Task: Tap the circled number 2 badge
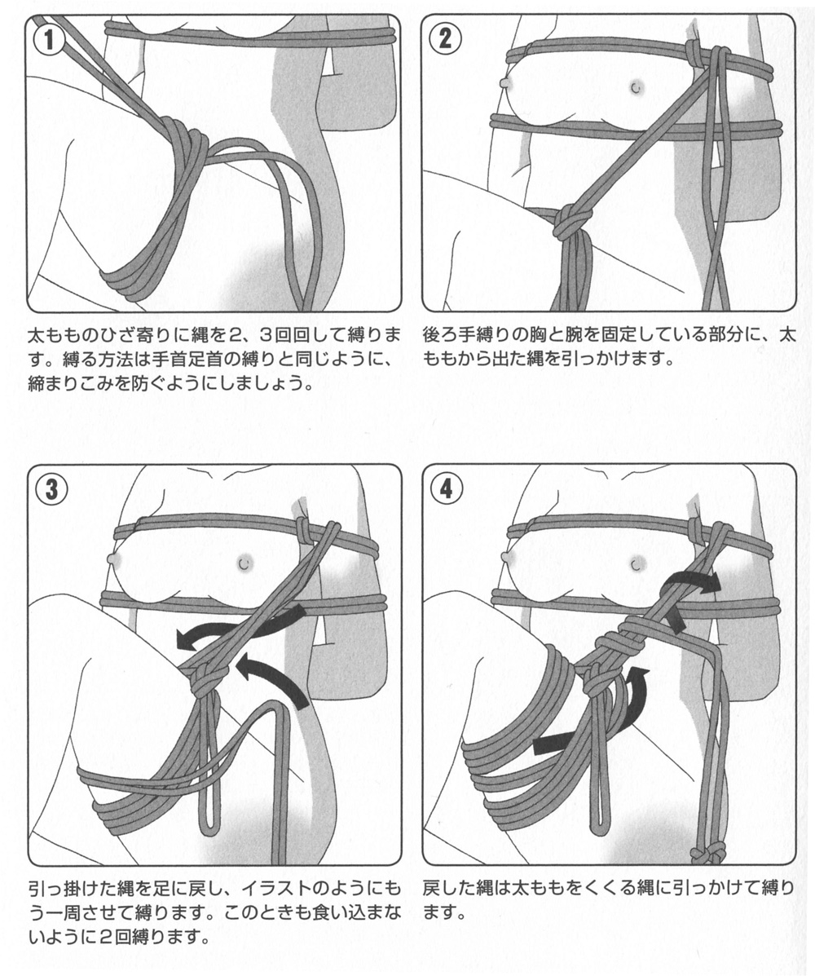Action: tap(446, 39)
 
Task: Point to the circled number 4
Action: tap(447, 489)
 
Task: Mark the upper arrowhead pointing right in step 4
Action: tap(711, 584)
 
